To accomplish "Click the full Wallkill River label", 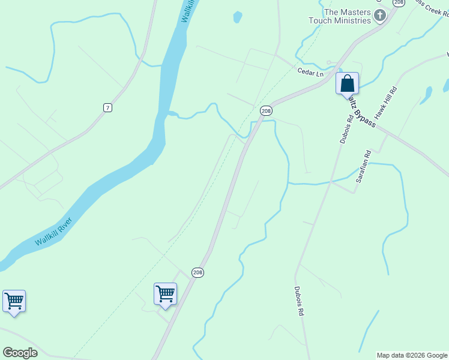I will click(x=53, y=232).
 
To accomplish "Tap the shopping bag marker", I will click(x=347, y=83).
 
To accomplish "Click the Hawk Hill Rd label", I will click(x=387, y=103).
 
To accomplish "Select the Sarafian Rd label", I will click(x=364, y=167).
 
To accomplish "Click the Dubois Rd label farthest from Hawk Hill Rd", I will click(x=299, y=301).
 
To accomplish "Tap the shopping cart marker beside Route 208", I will click(x=165, y=294).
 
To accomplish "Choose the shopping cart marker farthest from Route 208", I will click(x=14, y=301).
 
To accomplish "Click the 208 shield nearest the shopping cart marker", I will click(x=197, y=273).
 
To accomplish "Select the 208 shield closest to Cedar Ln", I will click(x=267, y=111).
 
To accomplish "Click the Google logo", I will click(x=20, y=353).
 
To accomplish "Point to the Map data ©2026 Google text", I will click(x=411, y=355).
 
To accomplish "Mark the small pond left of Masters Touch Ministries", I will click(x=237, y=17).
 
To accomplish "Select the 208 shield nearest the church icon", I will click(x=399, y=2).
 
